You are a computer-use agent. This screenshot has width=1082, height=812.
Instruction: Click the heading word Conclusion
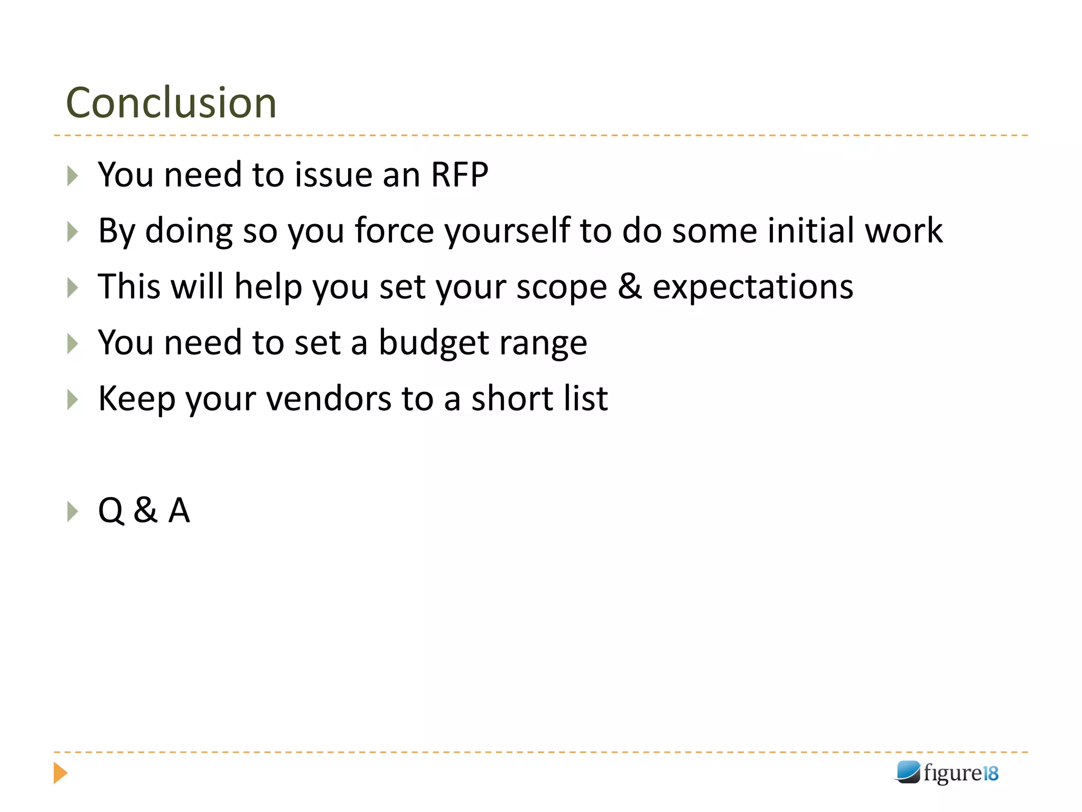pyautogui.click(x=171, y=103)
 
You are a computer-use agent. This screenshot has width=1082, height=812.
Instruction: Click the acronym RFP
pyautogui.click(x=459, y=174)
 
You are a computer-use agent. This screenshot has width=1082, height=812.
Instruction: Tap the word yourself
pyautogui.click(x=507, y=231)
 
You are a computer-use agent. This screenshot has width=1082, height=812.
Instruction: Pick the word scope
pyautogui.click(x=561, y=287)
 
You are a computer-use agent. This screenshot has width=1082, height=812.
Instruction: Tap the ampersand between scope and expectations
pyautogui.click(x=630, y=287)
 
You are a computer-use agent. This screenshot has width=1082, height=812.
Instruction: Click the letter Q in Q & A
pyautogui.click(x=111, y=511)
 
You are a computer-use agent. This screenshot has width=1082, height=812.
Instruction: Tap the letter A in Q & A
pyautogui.click(x=179, y=511)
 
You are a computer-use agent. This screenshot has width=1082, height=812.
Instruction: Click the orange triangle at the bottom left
pyautogui.click(x=60, y=773)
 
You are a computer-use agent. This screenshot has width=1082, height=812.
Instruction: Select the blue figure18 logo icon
pyautogui.click(x=908, y=772)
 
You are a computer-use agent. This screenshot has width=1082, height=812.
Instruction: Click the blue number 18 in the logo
pyautogui.click(x=990, y=773)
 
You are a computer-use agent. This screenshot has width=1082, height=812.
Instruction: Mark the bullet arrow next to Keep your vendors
pyautogui.click(x=73, y=400)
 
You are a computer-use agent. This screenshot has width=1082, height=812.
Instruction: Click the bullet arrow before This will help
pyautogui.click(x=73, y=288)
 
